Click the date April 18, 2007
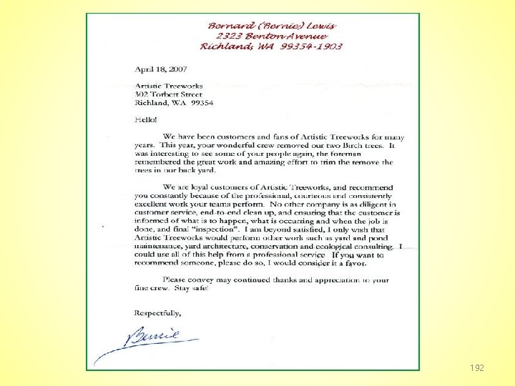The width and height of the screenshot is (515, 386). [x=160, y=69]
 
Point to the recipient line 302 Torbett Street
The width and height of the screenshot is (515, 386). [x=169, y=94]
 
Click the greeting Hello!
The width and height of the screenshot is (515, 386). [x=146, y=120]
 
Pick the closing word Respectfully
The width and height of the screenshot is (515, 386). [x=158, y=312]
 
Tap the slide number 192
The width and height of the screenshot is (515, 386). [x=477, y=368]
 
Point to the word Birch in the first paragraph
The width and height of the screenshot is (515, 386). [x=344, y=145]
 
